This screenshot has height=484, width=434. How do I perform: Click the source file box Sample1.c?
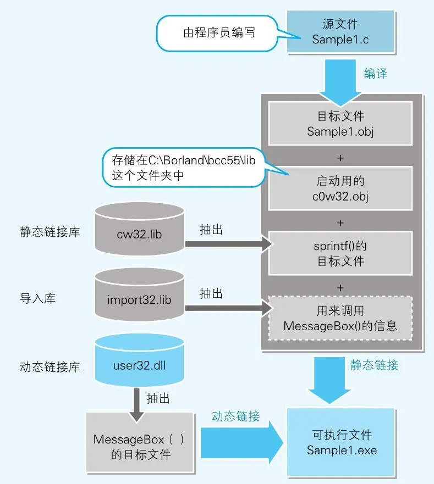pos(340,32)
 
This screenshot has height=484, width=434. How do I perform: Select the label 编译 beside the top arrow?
pos(376,73)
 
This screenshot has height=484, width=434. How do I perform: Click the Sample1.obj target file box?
pos(340,124)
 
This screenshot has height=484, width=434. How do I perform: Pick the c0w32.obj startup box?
pos(340,188)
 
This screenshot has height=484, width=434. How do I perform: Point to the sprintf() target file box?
pos(340,253)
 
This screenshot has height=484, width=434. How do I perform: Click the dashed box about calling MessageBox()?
pos(340,318)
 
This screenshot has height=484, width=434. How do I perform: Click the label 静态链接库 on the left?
pos(50,232)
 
